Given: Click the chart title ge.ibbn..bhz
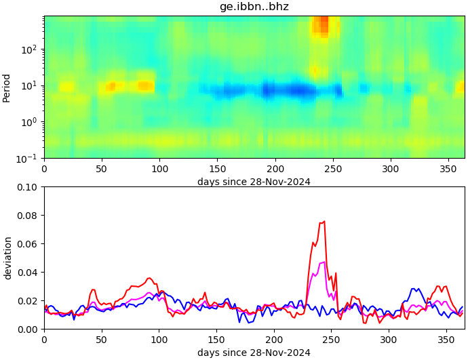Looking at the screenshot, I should (254, 7).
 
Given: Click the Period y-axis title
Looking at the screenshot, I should (7, 87).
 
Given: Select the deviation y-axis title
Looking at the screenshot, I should (7, 258).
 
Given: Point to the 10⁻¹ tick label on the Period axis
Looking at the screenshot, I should (28, 158).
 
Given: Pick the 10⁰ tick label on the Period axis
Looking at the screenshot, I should (30, 122).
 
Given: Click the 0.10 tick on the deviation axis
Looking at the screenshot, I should (27, 187).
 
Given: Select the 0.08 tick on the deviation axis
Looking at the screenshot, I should (27, 216).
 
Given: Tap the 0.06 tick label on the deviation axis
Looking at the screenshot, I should (27, 244).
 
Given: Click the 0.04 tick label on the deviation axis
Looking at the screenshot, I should (27, 273).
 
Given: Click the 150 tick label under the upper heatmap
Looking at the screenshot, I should (217, 168).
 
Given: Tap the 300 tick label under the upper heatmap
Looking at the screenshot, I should (389, 168).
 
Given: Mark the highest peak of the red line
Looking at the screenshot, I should (324, 221).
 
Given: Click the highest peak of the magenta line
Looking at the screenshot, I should (324, 262).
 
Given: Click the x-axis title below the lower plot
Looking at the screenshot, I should (254, 353).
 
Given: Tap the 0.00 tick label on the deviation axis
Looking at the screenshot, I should (27, 329).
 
